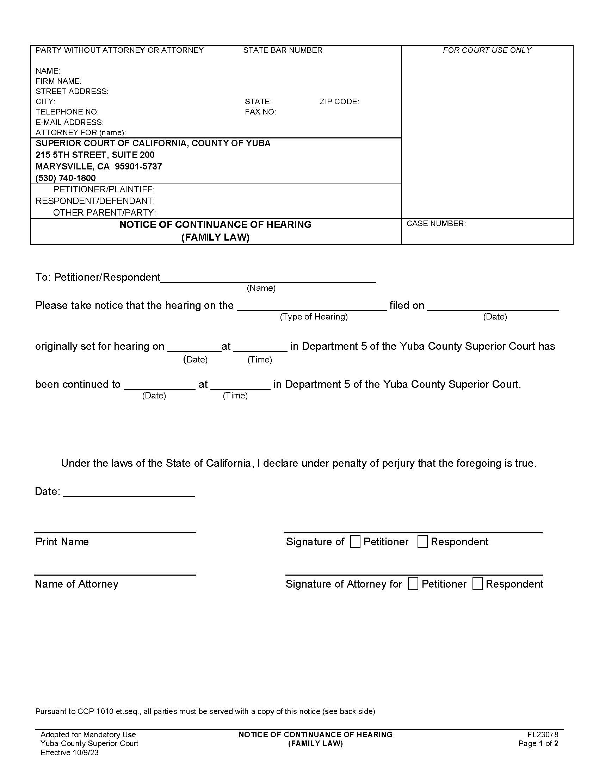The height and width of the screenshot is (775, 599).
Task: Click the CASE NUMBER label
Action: (x=436, y=224)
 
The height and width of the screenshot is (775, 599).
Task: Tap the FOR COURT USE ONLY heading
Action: (x=487, y=50)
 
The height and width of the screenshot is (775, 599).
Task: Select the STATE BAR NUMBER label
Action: (x=283, y=50)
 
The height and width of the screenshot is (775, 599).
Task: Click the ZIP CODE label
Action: (x=339, y=102)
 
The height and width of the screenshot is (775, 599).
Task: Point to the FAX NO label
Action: (x=260, y=112)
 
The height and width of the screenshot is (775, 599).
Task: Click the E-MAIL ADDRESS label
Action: (x=69, y=123)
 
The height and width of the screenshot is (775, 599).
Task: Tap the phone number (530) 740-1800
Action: (x=66, y=178)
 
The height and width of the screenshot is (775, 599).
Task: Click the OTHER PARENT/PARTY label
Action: (x=104, y=212)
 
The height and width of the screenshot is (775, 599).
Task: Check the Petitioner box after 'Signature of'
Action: (x=355, y=541)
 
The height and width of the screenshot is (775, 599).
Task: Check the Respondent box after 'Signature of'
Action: (x=422, y=541)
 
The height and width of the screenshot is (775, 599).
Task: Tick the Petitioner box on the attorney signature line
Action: (x=413, y=584)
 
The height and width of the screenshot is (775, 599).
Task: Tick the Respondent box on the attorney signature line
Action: (x=477, y=584)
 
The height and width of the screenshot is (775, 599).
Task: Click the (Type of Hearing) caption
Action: (x=314, y=317)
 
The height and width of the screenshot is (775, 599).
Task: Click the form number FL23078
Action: (x=543, y=734)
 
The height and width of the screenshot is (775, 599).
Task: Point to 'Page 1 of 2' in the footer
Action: (x=538, y=743)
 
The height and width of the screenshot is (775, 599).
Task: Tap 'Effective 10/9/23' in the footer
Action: (x=69, y=753)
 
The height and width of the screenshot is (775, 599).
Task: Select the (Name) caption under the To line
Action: (x=261, y=288)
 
